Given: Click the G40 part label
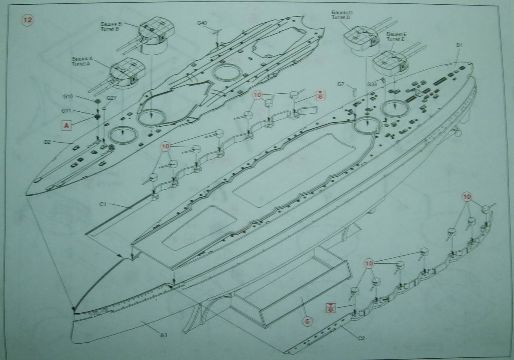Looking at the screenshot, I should [203, 22].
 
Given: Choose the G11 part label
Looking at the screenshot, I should [66, 111].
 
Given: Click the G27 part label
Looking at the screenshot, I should [111, 98].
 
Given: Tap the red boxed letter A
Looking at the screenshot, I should [66, 125].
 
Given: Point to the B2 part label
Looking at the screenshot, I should [47, 141].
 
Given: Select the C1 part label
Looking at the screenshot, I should [103, 205].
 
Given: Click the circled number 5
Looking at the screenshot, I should [307, 320].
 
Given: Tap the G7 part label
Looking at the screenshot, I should [341, 84].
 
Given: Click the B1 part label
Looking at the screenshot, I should [460, 45].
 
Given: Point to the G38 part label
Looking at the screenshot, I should [372, 85].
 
